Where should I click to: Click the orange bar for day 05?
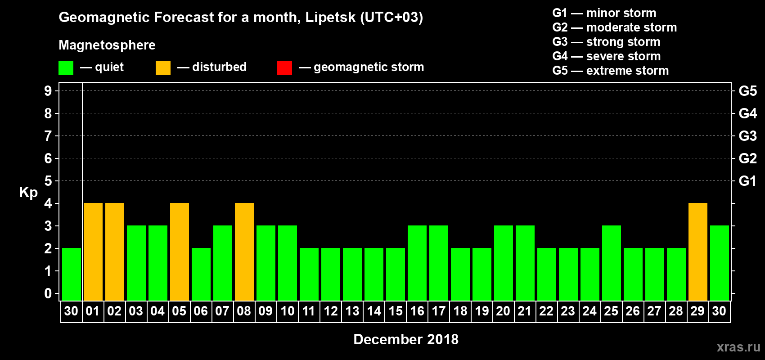180,252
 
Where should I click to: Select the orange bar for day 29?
698,252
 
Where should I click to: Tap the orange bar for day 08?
244,252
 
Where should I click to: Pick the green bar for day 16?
417,263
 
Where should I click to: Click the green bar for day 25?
612,263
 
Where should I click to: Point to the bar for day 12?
331,274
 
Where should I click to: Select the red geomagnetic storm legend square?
284,68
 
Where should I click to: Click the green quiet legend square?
66,68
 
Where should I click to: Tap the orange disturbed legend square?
163,68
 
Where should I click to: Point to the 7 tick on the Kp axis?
48,136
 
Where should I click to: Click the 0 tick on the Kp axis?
48,294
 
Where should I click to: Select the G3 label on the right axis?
747,136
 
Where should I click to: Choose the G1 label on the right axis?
747,181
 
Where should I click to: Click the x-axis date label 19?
481,311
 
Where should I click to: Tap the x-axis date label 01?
93,311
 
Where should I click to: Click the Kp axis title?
28,193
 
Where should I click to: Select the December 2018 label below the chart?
406,339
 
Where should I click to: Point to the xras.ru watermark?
738,347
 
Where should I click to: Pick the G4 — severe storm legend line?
607,56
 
